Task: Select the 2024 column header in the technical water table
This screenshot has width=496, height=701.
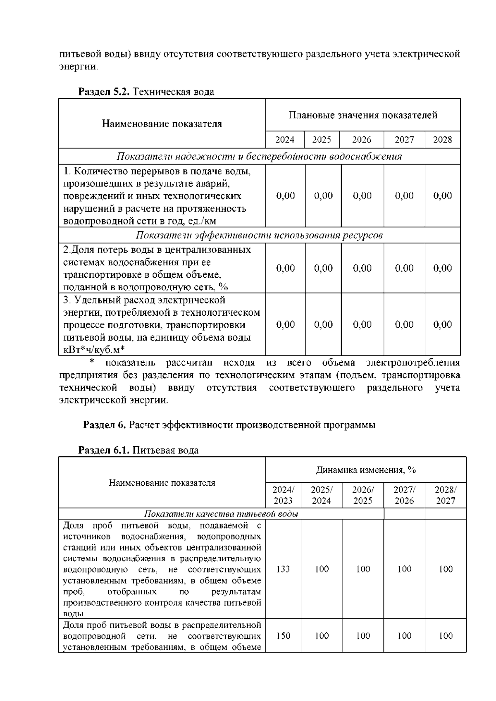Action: [x=285, y=140]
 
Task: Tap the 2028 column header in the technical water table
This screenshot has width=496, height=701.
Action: [x=442, y=140]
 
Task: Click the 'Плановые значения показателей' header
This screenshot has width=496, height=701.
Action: [x=363, y=115]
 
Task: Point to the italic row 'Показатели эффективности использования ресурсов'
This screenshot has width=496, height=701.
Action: [x=259, y=235]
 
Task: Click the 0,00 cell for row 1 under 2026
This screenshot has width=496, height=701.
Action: [x=362, y=196]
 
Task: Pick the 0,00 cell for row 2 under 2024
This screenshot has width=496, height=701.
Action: [x=285, y=268]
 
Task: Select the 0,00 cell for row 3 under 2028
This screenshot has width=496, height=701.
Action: [x=442, y=324]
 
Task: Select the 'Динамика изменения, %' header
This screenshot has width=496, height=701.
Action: [x=366, y=470]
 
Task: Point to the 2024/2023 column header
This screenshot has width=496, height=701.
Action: [x=283, y=495]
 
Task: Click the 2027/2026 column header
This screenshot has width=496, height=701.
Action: [x=404, y=495]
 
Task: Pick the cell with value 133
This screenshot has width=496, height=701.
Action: [x=283, y=569]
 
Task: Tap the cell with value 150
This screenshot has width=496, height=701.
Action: [x=283, y=636]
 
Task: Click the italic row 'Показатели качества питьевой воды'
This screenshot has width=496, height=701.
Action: [x=221, y=514]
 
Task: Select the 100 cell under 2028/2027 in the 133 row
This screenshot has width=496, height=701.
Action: [x=446, y=569]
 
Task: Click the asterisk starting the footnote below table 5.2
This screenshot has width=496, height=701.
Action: [x=92, y=363]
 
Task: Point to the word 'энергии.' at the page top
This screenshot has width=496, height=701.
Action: [x=79, y=67]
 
